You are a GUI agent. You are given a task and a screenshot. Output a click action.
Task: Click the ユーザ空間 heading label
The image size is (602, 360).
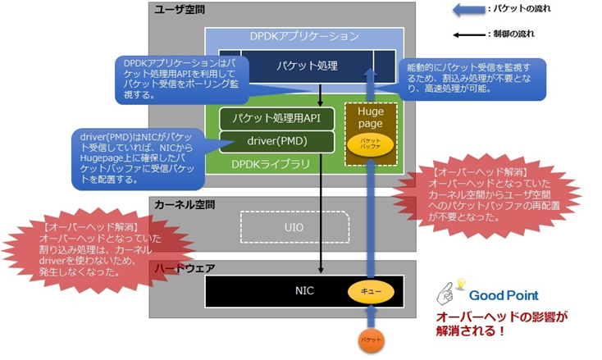pyautogui.click(x=180, y=10)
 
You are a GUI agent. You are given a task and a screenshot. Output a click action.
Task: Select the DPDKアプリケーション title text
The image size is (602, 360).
pyautogui.click(x=303, y=36)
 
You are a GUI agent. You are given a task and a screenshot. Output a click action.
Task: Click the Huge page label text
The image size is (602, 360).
pyautogui.click(x=370, y=118)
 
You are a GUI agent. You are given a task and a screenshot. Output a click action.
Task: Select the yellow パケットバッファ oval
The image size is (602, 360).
pyautogui.click(x=370, y=144)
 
